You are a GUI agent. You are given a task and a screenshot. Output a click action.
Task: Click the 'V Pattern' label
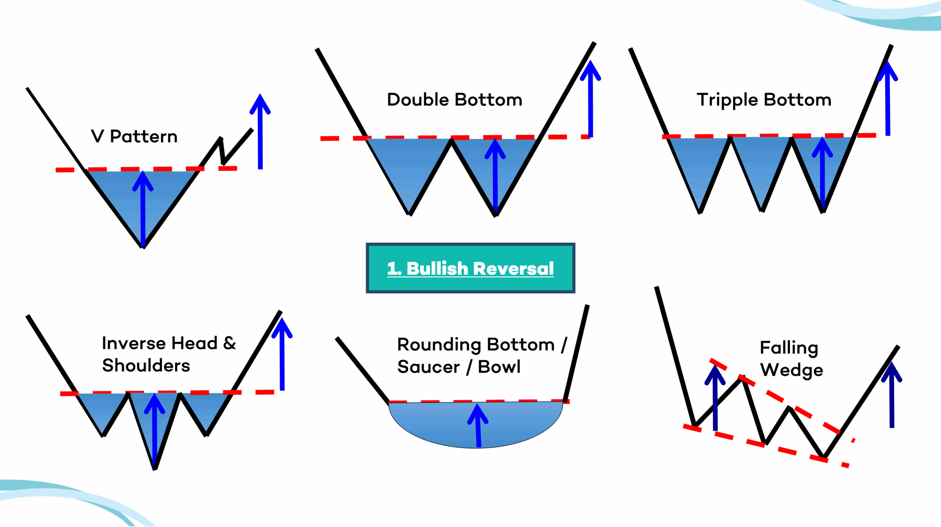tap(134, 137)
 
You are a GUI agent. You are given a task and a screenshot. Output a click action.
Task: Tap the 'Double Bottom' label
tap(454, 100)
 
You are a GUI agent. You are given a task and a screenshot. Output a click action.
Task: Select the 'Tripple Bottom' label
tap(764, 100)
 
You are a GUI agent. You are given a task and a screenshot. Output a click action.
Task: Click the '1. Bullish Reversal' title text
tap(470, 268)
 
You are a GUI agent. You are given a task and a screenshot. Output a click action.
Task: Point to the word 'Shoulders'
tap(146, 366)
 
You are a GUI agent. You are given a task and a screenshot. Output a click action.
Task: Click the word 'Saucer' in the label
tap(428, 367)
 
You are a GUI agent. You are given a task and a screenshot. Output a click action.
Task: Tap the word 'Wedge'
tap(791, 370)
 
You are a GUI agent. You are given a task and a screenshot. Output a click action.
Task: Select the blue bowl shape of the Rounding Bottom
tap(435, 423)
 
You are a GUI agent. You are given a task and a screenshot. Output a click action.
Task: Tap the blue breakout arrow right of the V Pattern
tap(260, 132)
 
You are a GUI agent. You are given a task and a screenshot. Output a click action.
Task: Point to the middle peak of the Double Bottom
tap(451, 141)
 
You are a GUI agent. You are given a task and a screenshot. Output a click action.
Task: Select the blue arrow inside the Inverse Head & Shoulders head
tap(155, 427)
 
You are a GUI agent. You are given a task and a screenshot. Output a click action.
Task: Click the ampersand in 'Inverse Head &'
tap(230, 343)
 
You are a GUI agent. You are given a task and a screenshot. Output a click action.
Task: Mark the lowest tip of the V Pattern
tap(143, 246)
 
